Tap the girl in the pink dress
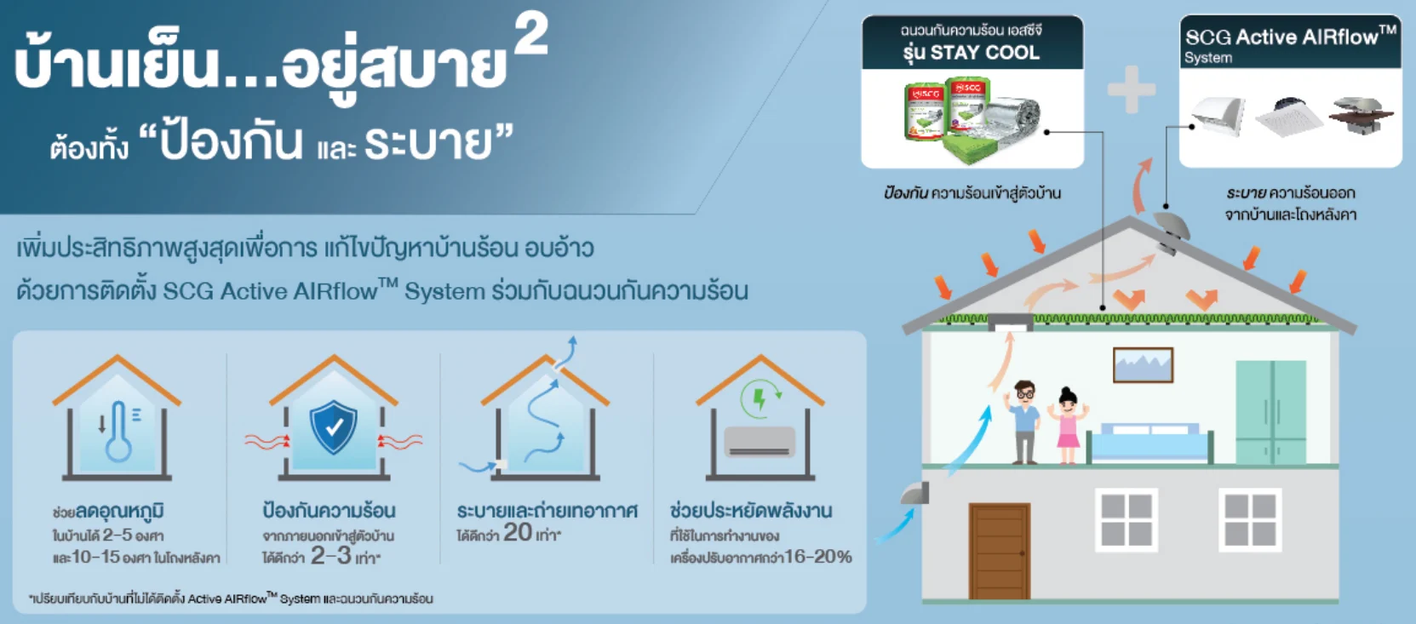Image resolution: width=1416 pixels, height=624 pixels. coord(1068,426)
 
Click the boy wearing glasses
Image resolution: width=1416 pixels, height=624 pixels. coord(1025,422)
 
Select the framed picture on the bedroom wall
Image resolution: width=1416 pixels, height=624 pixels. coord(1143,365)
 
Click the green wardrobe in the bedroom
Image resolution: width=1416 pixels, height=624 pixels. coord(1270,412)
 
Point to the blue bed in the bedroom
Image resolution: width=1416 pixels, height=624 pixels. coord(1150,444)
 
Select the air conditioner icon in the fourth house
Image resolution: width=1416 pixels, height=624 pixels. coord(759,442)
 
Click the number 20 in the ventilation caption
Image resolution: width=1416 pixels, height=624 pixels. coord(518,533)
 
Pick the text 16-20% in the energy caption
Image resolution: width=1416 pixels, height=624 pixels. coord(818,557)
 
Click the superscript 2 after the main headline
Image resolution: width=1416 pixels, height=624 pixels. coord(531,37)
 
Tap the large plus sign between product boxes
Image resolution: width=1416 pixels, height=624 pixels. coord(1132,89)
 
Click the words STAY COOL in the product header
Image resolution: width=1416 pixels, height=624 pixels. coord(984,53)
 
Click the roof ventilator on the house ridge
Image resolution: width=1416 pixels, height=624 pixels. coord(1171,229)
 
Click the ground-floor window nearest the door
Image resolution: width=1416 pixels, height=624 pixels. coord(1126,519)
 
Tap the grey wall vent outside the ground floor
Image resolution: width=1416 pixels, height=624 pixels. coord(916,493)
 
